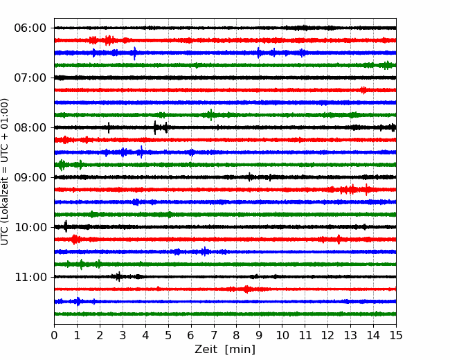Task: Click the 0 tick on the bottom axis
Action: pyautogui.click(x=55, y=336)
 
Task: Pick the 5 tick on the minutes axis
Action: pyautogui.click(x=168, y=336)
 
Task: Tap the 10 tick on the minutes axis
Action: pyautogui.click(x=282, y=336)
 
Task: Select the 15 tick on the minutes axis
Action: pyautogui.click(x=395, y=336)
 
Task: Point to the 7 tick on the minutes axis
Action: pyautogui.click(x=214, y=336)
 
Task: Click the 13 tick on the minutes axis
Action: pyautogui.click(x=350, y=336)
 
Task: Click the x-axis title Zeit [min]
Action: pyautogui.click(x=225, y=350)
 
